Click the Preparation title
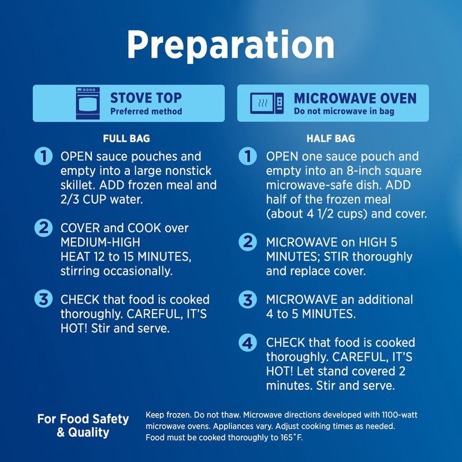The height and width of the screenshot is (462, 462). coord(230,45)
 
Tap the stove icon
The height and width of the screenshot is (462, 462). coord(88,103)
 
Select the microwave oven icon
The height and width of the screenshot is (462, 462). coord(267,103)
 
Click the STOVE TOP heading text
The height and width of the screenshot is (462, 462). coord(146,98)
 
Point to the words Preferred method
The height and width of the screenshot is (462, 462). coord(146,111)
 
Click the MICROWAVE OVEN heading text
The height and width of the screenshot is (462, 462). coord(355,98)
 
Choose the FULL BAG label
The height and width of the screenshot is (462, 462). coord(126,139)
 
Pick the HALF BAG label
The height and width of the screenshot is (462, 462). coord(330,139)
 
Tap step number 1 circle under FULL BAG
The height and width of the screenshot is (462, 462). coord(44,156)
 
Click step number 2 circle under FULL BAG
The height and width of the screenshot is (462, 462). coord(44,228)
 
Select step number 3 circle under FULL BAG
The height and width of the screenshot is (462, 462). coord(44,299)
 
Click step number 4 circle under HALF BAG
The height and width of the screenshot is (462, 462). coord(248,342)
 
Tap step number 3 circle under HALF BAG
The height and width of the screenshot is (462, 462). coord(248,300)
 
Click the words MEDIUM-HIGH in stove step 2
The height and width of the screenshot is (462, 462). coord(100,242)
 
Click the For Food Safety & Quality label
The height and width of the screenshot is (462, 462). coord(83,426)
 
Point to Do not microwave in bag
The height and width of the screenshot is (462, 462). coord(344,111)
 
